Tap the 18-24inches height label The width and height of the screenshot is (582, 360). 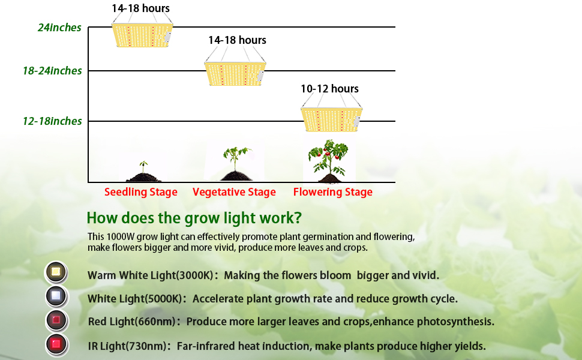coord(52,71)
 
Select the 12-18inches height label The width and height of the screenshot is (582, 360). coord(52,121)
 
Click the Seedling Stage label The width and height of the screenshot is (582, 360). coord(141,193)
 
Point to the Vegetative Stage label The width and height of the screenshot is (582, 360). coord(234,193)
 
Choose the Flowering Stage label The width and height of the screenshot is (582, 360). coord(332,193)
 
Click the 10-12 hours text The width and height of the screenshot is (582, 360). coord(329,89)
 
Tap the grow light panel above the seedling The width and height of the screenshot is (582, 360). coord(143,36)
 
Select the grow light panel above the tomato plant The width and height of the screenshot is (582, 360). coord(331,119)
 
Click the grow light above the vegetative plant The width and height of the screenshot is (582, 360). coord(235,74)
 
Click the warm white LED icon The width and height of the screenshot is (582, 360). coord(57,272)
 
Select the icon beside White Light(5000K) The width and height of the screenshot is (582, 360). coord(57,296)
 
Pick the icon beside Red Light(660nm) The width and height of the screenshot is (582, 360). coord(57,320)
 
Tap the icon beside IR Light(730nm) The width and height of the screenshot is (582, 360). coord(57,344)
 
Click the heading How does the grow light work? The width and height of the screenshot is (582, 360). coord(194,217)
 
